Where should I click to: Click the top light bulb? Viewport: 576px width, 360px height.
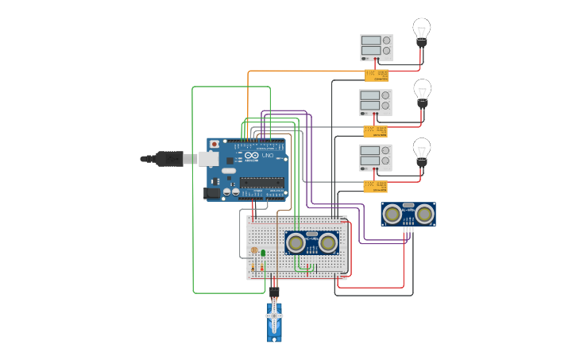pyautogui.click(x=421, y=30)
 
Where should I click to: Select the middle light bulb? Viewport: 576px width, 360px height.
pyautogui.click(x=423, y=91)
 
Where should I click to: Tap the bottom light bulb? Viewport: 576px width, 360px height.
pyautogui.click(x=422, y=149)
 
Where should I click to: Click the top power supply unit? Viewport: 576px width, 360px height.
pyautogui.click(x=376, y=47)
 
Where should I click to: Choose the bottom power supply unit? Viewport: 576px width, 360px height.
pyautogui.click(x=375, y=157)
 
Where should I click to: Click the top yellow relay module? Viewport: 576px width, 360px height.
pyautogui.click(x=376, y=75)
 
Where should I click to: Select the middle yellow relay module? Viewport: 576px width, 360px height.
pyautogui.click(x=375, y=131)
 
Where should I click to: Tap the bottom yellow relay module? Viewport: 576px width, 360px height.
pyautogui.click(x=375, y=186)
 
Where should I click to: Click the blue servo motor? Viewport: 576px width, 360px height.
pyautogui.click(x=274, y=319)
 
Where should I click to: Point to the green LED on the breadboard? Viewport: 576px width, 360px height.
pyautogui.click(x=263, y=253)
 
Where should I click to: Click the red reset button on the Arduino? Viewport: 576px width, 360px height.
pyautogui.click(x=214, y=145)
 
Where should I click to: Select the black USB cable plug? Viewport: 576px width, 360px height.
pyautogui.click(x=168, y=159)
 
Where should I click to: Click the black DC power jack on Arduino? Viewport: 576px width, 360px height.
pyautogui.click(x=211, y=192)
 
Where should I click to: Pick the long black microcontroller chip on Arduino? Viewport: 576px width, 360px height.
pyautogui.click(x=261, y=182)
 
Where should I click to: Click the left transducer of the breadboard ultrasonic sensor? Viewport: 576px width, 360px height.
pyautogui.click(x=296, y=241)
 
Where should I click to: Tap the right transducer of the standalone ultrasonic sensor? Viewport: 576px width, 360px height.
pyautogui.click(x=424, y=213)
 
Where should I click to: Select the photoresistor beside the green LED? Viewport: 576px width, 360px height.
pyautogui.click(x=253, y=250)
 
